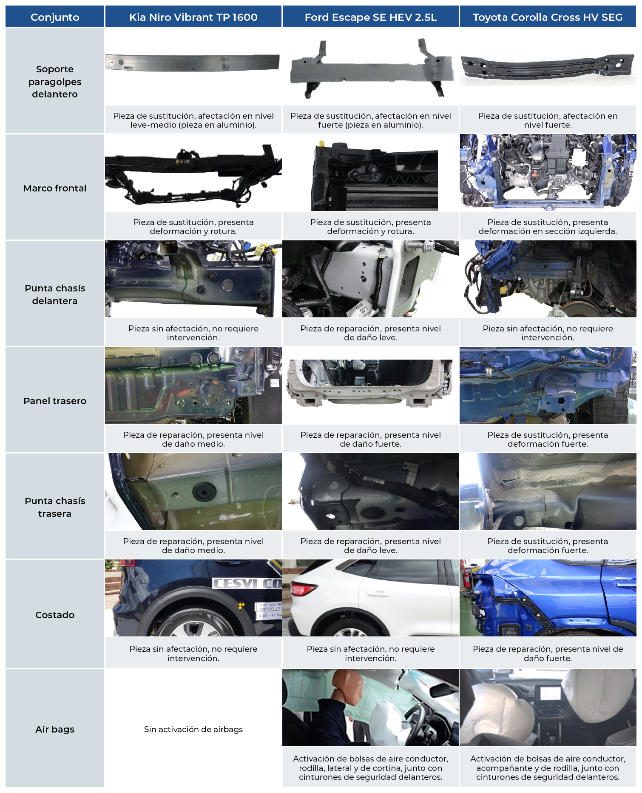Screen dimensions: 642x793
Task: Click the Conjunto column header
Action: tap(55, 17)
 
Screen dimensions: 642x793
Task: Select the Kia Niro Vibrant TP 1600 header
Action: tap(193, 17)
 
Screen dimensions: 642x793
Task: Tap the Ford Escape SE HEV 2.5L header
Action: tap(371, 17)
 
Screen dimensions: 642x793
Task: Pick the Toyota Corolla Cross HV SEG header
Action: tap(548, 17)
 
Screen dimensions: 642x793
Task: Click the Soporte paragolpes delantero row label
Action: tap(55, 81)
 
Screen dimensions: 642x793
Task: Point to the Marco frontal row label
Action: tap(55, 188)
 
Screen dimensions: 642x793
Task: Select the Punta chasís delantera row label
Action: tap(55, 294)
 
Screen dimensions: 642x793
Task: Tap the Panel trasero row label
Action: tap(55, 401)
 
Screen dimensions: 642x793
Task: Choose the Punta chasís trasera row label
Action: tap(55, 507)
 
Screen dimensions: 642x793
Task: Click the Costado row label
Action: tap(55, 615)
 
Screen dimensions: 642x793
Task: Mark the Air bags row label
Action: tap(55, 729)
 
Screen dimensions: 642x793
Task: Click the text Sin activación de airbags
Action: tap(193, 729)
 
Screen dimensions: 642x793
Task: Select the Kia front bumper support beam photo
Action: tap(193, 62)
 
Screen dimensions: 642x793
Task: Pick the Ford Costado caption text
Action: tap(371, 653)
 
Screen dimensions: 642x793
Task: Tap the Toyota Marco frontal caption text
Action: tap(548, 227)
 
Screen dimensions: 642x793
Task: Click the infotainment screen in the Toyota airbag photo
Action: tap(551, 695)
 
